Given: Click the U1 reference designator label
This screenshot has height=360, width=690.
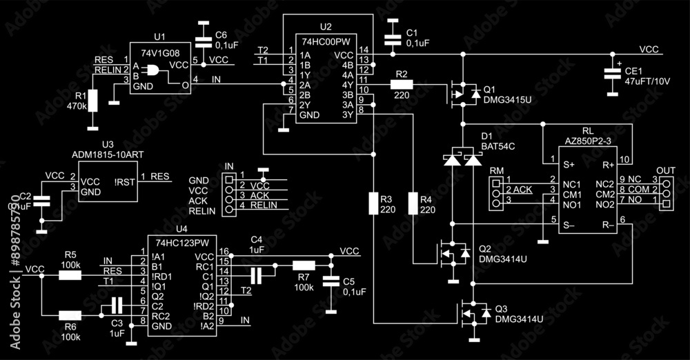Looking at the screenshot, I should [160, 37].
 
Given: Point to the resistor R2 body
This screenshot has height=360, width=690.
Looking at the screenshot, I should [402, 84].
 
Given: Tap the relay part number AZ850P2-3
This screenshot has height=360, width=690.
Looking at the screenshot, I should [587, 140].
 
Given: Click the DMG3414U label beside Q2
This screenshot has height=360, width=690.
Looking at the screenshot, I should [503, 259].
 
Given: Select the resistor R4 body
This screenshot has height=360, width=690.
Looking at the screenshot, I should [413, 204].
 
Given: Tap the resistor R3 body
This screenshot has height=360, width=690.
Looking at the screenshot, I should [373, 204].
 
